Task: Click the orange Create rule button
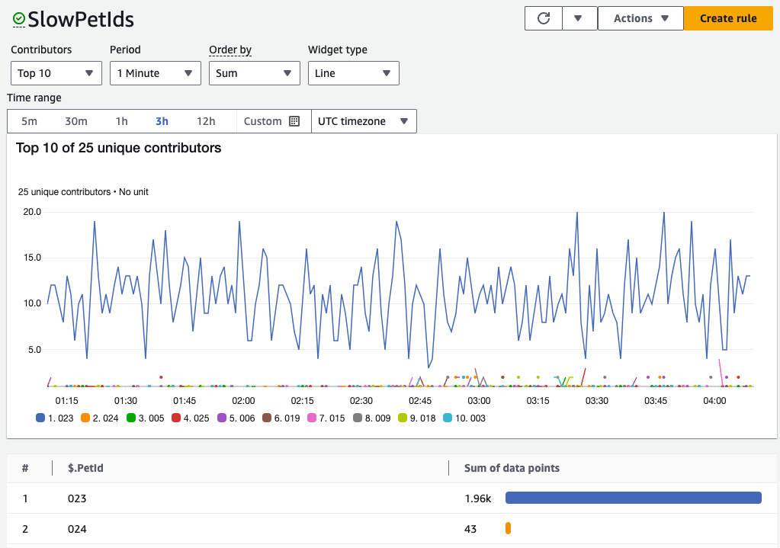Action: [727, 18]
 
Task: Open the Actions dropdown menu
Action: [640, 18]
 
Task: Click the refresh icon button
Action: [544, 18]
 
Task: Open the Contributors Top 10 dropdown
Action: [56, 73]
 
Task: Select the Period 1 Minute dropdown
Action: [155, 73]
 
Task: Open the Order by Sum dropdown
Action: [254, 73]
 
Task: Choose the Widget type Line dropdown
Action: [353, 73]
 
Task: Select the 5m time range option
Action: [29, 121]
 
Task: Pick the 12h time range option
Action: [206, 121]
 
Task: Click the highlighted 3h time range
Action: [162, 121]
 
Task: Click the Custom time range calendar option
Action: [272, 121]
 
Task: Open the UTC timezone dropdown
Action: [364, 121]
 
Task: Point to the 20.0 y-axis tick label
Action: [31, 212]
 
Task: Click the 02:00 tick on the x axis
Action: [243, 401]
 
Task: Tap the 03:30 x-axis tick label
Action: [596, 401]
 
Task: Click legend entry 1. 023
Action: [55, 418]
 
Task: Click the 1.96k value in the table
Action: [478, 498]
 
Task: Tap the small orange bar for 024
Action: [508, 528]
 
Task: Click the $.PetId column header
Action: [85, 468]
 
